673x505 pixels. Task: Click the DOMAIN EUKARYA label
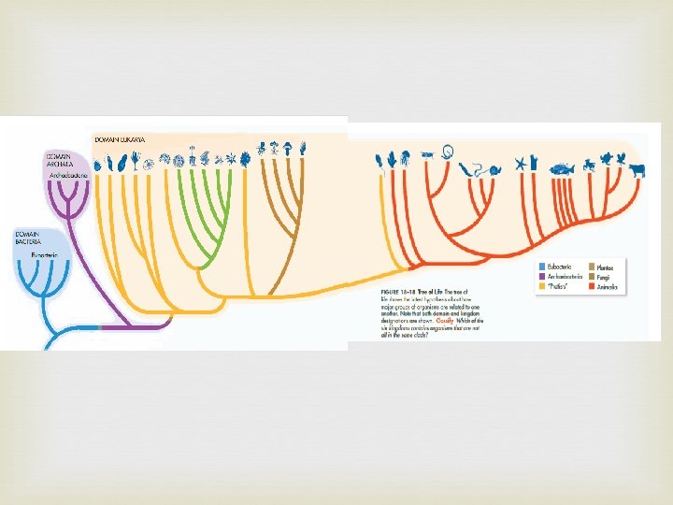[x=120, y=140]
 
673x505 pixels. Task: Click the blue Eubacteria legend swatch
[x=541, y=267]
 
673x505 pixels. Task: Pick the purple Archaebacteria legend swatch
[x=541, y=277]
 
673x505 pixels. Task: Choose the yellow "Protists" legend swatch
[x=541, y=287]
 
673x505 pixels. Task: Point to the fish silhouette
[x=563, y=169]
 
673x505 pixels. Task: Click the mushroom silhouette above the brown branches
[x=304, y=148]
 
